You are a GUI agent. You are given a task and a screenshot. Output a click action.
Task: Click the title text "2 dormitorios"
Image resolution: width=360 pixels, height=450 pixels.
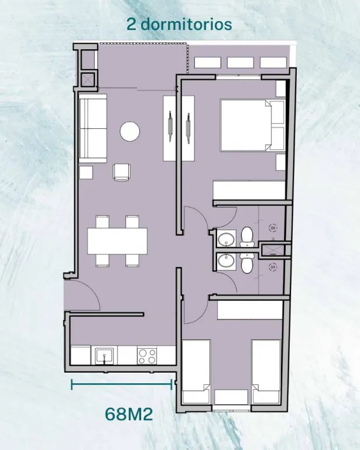tap(179, 24)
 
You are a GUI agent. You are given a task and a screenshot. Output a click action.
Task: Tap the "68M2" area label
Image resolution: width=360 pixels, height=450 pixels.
tap(129, 414)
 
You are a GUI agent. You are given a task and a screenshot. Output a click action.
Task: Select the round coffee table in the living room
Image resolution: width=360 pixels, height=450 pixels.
tap(130, 131)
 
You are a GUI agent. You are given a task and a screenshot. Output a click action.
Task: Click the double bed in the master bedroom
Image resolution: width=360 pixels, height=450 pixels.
tap(252, 125)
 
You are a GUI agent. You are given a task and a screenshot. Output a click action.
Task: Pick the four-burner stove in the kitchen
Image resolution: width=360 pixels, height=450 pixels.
tap(147, 356)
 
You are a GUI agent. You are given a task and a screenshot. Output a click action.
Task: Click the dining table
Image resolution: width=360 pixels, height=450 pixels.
tap(117, 241)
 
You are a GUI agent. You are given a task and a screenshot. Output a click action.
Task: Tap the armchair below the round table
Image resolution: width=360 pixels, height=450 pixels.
tap(122, 172)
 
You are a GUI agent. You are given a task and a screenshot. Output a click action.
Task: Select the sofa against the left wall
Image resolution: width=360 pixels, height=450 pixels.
tap(92, 128)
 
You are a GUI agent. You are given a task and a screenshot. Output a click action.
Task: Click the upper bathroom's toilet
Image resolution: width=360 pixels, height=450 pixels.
tap(247, 237)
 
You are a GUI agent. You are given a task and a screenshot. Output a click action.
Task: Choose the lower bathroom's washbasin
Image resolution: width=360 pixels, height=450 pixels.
tap(226, 261)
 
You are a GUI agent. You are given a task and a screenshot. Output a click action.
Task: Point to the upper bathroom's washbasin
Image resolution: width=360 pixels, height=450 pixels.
tap(226, 239)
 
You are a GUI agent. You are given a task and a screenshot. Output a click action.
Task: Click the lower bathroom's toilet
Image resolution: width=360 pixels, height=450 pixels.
tap(247, 263)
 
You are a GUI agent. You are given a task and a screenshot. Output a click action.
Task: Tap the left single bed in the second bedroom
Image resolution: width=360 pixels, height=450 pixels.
tap(196, 371)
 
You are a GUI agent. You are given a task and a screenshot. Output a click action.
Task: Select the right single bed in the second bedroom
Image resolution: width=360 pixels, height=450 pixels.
tap(266, 371)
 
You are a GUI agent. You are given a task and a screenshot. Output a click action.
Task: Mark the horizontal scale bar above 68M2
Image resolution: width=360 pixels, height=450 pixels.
tap(122, 384)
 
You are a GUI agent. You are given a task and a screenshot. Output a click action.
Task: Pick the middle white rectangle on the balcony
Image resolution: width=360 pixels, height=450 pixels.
tap(240, 63)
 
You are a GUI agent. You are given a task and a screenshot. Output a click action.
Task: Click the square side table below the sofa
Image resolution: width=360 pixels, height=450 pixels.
tap(86, 172)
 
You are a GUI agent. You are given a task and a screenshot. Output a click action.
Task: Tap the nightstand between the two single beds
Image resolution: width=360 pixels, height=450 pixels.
tap(231, 397)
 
